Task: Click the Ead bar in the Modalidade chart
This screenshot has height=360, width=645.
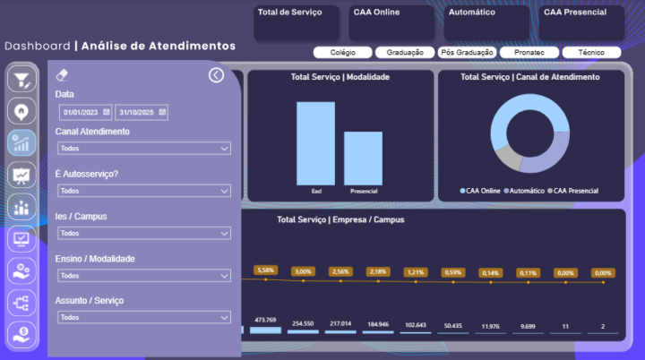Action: [315, 143]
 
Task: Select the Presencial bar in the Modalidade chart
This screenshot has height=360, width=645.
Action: [363, 159]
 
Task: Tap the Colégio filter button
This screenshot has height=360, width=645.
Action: [342, 53]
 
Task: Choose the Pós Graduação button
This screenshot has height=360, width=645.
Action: [468, 53]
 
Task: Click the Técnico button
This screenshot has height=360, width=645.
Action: [591, 53]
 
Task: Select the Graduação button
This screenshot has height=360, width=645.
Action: [404, 53]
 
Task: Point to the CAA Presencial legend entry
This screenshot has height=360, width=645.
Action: [574, 191]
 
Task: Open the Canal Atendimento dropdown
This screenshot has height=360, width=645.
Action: [143, 149]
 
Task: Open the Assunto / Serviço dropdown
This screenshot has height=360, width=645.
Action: [143, 317]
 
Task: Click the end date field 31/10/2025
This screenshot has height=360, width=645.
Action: [137, 112]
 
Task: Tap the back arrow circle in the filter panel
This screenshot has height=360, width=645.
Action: [216, 75]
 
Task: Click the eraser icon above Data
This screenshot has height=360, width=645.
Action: [62, 75]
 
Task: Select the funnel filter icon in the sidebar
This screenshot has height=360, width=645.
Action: [21, 80]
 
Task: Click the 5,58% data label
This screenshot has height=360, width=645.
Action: [265, 270]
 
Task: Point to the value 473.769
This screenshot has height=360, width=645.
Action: [265, 320]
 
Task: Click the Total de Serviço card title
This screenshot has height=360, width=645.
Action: [283, 13]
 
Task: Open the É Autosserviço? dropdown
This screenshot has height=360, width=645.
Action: [143, 191]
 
